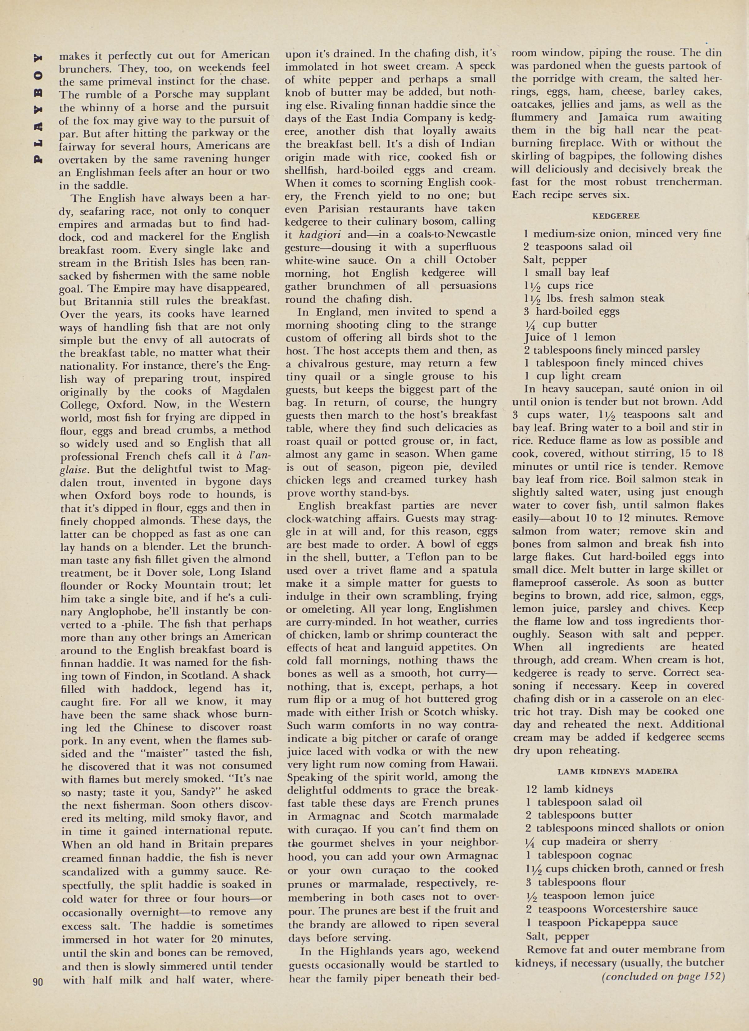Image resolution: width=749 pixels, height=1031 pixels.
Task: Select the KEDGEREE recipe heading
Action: click(x=616, y=216)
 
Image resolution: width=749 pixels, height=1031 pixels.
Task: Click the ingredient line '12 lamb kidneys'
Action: click(x=569, y=790)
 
